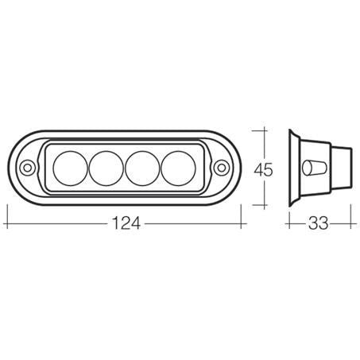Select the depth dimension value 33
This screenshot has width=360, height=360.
tap(318, 225)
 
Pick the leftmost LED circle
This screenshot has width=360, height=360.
tap(70, 168)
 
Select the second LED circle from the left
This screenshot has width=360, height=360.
tap(106, 168)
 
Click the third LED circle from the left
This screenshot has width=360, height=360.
tap(141, 168)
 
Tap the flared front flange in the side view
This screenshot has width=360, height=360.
tap(294, 168)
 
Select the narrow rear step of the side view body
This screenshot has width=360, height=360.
tap(343, 168)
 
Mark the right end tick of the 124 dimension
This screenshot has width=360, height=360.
tap(243, 225)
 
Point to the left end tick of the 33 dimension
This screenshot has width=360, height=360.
tap(287, 225)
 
